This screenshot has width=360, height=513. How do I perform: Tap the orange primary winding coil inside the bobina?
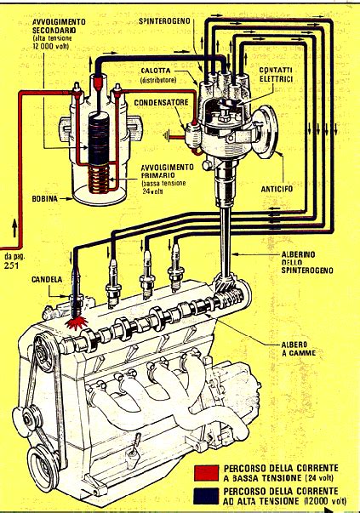tap(100, 176)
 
